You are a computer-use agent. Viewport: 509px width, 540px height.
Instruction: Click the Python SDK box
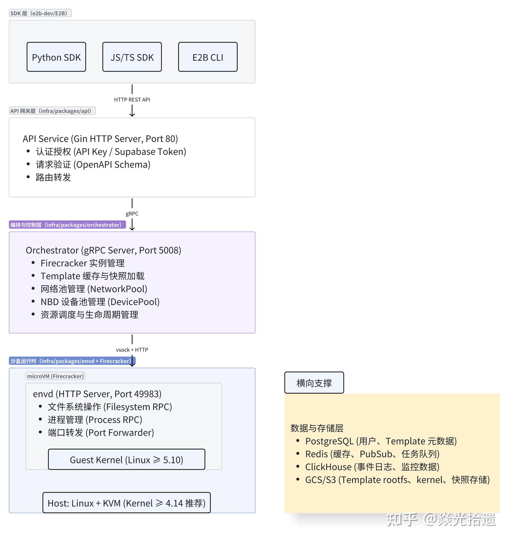tap(56, 57)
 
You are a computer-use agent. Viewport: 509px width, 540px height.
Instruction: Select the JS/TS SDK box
tap(132, 57)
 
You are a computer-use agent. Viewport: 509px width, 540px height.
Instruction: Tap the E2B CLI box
tap(207, 57)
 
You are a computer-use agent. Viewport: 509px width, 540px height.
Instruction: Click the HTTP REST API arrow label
tap(132, 100)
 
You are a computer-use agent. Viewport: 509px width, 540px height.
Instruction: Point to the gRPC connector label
tap(132, 214)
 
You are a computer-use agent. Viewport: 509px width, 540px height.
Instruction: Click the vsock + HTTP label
tap(132, 350)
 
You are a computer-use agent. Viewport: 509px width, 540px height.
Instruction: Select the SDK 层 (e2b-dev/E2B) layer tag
tap(40, 13)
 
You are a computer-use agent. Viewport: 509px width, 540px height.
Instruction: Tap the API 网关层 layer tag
tap(52, 111)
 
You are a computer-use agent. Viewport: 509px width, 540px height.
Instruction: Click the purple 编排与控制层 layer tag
tap(67, 225)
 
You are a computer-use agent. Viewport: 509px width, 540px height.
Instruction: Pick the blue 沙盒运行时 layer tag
tap(72, 361)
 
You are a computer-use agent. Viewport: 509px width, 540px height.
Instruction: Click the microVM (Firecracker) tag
tap(55, 376)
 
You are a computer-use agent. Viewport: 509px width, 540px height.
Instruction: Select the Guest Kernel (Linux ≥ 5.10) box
tap(126, 460)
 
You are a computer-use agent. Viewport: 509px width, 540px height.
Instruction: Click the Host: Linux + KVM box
tap(126, 503)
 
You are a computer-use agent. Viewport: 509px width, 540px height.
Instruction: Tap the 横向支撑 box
tap(314, 383)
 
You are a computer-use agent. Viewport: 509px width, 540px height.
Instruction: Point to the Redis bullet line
tap(372, 454)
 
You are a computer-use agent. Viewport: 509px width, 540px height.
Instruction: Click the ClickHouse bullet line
tap(372, 467)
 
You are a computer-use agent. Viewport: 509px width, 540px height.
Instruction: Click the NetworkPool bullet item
tap(94, 289)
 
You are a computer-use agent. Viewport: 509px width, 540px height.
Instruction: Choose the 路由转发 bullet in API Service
tap(53, 178)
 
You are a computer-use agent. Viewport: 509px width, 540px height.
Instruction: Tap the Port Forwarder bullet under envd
tap(101, 432)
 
